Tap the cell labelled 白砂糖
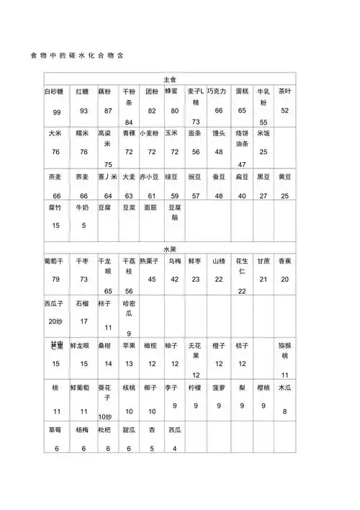(x=55, y=92)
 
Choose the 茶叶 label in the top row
(x=284, y=92)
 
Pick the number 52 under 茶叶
(x=284, y=111)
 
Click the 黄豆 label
(x=284, y=176)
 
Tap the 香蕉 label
(x=284, y=260)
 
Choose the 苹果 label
(x=130, y=346)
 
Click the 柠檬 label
(x=195, y=388)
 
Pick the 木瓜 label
(x=284, y=388)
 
